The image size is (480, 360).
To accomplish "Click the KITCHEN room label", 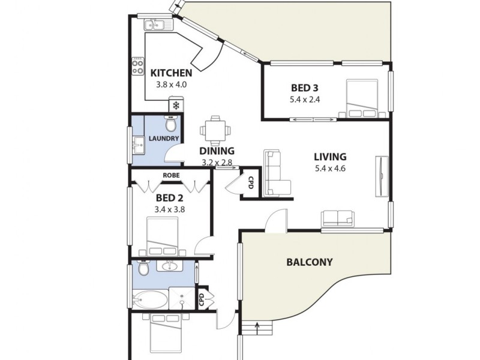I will [x=171, y=73].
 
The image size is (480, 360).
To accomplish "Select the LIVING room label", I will [x=330, y=157].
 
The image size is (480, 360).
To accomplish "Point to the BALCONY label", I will [x=309, y=262].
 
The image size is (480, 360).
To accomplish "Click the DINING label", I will [x=217, y=151].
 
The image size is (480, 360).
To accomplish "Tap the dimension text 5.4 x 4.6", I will [x=330, y=169].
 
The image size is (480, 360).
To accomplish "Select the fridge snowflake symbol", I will [x=176, y=106].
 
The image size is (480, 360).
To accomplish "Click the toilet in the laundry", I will [x=172, y=124].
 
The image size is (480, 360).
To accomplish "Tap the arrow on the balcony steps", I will [x=257, y=328].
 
